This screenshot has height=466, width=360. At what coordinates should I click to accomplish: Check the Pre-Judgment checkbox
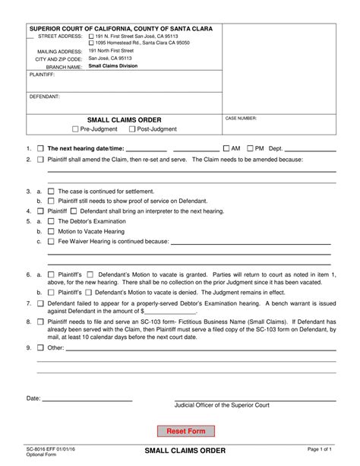pos(74,129)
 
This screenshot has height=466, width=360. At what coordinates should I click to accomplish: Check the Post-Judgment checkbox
pos(132,129)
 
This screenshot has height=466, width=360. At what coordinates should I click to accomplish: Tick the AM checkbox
pos(226,148)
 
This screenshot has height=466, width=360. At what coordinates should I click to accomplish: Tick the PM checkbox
pos(250,148)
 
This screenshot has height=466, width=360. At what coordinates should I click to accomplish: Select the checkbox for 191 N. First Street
pos(91,36)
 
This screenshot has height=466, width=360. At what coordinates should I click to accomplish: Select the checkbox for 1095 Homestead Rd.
pos(91,43)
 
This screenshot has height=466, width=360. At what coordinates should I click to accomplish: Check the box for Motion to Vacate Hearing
pos(51,230)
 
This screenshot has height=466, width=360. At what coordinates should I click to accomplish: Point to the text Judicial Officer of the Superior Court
pos(222,405)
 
